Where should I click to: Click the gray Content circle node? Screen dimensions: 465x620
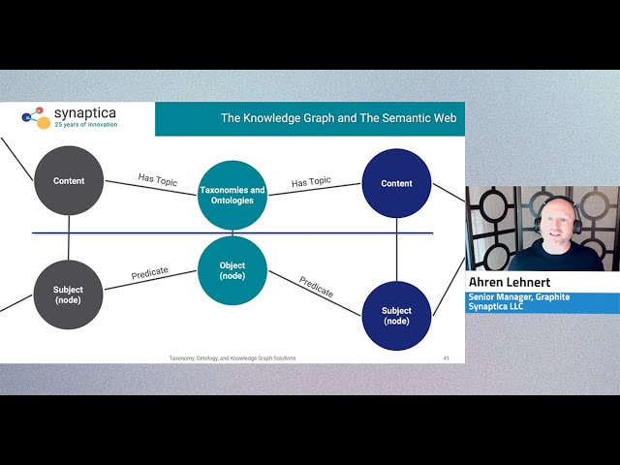69,180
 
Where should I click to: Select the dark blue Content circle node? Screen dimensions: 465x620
396,183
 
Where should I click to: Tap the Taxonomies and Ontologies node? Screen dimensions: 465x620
232,195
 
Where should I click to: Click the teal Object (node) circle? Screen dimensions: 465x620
232,270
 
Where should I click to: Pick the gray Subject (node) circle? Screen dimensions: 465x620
69,294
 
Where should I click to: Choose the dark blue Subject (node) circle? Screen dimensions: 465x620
396,316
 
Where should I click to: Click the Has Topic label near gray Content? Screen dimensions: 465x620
159,179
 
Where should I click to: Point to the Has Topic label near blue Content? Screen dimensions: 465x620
312,182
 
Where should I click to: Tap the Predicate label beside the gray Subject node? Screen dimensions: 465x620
149,274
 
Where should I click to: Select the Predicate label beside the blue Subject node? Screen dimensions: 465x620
317,287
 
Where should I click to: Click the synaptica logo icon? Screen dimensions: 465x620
35,118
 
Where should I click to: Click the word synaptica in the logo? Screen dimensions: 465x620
84,113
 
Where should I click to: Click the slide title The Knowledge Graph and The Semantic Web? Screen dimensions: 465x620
338,119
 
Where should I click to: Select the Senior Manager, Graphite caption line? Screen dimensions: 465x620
518,297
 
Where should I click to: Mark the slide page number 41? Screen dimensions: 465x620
446,358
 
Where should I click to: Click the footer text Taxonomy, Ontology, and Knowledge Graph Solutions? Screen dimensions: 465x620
232,358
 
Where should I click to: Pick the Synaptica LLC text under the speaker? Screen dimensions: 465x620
497,307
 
